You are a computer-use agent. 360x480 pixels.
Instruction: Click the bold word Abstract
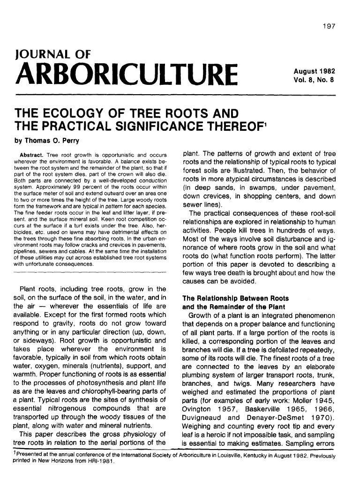31,155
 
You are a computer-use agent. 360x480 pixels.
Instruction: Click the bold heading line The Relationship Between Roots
235,298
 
